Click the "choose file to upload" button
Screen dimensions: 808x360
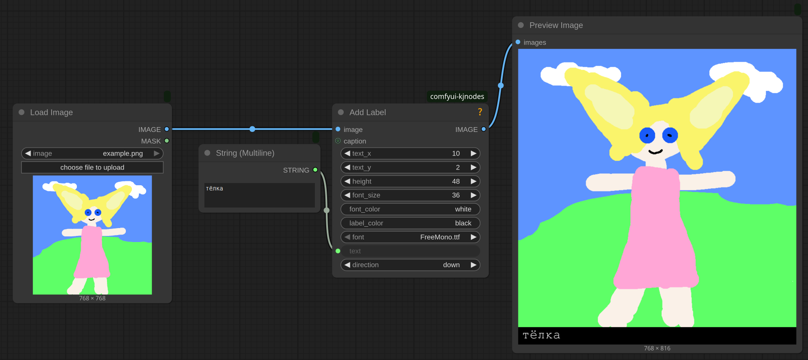[x=92, y=167]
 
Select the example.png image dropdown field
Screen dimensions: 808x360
[x=92, y=153]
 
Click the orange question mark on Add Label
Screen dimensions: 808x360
[x=480, y=112]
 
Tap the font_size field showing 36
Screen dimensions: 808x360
[x=410, y=195]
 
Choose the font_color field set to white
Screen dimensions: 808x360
[x=410, y=209]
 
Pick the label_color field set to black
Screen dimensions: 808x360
[x=410, y=223]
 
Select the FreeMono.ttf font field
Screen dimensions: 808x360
[x=410, y=237]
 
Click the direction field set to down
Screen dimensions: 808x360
[x=410, y=265]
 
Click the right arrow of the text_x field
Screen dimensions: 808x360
[x=473, y=153]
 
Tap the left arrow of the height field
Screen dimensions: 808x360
[x=347, y=181]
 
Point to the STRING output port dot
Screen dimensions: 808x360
[x=315, y=170]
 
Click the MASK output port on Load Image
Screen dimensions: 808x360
[x=167, y=141]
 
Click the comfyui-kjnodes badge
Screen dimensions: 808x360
[x=457, y=97]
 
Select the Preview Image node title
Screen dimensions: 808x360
[x=556, y=25]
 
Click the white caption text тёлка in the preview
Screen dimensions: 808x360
[x=541, y=335]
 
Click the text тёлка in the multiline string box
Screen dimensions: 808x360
[x=214, y=188]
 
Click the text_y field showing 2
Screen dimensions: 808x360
[x=410, y=167]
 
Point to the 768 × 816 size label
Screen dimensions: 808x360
[x=657, y=348]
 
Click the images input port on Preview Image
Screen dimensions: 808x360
[x=518, y=42]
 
